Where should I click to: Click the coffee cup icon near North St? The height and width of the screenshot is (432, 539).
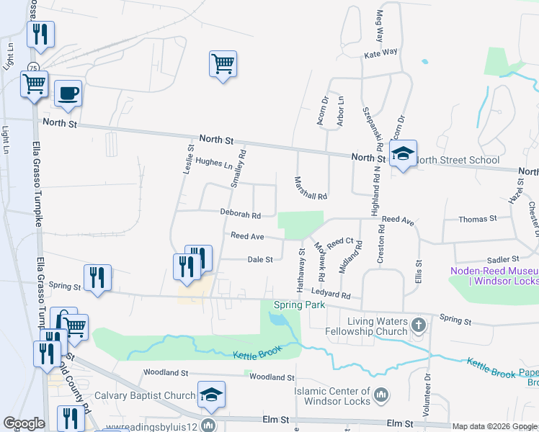[x=68, y=94]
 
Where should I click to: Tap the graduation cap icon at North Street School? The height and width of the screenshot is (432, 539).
[x=403, y=153]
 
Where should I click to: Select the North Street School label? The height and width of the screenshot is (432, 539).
[x=458, y=161]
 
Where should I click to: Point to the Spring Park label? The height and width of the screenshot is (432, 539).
[x=300, y=305]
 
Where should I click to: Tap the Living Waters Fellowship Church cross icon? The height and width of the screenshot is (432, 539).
[x=417, y=326]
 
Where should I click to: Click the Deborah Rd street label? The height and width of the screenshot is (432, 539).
[x=240, y=214]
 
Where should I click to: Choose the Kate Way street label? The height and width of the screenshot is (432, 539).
[x=380, y=53]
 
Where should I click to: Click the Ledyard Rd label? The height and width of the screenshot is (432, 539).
[x=331, y=294]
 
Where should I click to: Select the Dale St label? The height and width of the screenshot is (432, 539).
[x=260, y=259]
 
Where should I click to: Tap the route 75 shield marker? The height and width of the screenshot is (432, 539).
[x=34, y=67]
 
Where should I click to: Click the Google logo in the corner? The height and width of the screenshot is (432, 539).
[x=24, y=423]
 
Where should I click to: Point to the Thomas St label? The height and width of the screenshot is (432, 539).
[x=478, y=218]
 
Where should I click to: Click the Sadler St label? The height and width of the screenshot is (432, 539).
[x=503, y=258]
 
